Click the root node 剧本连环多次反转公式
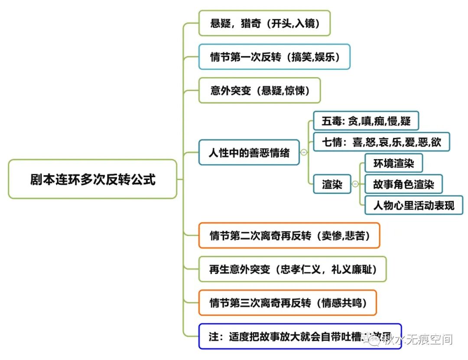point(92,179)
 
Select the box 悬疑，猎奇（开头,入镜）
point(264,23)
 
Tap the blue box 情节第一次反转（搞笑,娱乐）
point(274,57)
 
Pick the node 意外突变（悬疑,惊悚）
point(259,91)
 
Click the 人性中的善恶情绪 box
point(249,153)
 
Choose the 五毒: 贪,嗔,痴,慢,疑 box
point(366,121)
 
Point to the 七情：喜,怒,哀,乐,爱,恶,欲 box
point(381,142)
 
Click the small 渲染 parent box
point(332,184)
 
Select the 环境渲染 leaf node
point(393,163)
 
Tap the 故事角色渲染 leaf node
point(403,184)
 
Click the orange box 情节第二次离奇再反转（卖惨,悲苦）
point(289,236)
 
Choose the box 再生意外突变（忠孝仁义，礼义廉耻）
point(292,269)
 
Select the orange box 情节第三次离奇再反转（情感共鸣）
point(288,303)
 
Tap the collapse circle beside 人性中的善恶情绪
point(304,153)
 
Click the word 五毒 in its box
point(332,121)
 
